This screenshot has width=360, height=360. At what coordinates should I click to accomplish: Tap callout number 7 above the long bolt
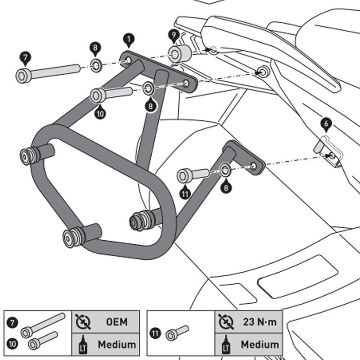tap(25, 57)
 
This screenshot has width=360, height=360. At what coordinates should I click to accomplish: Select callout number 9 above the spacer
tap(173, 34)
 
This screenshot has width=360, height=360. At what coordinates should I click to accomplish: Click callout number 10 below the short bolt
tap(100, 113)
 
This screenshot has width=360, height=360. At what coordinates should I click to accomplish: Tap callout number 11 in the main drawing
tap(185, 193)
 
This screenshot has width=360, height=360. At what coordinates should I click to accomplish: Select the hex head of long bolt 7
tap(23, 75)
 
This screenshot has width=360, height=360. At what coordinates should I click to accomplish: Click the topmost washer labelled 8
tap(96, 66)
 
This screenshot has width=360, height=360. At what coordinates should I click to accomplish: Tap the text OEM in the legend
tap(117, 322)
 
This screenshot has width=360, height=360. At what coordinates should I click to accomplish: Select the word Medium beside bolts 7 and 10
tap(117, 345)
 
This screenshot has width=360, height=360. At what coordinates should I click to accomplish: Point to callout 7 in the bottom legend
tap(13, 322)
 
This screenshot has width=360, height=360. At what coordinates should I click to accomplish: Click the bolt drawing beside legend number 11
tap(177, 333)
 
